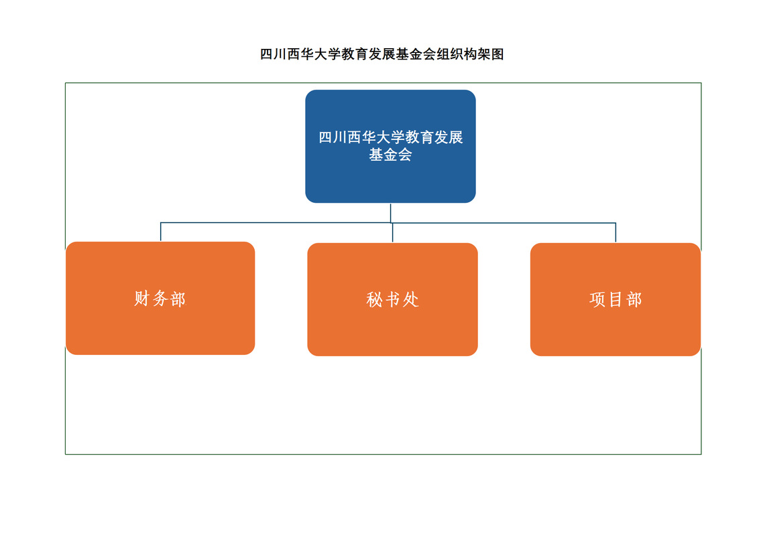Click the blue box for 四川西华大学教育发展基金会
(390, 146)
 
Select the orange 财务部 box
(160, 298)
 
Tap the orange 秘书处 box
(392, 299)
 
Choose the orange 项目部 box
(615, 299)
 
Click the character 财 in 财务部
(141, 299)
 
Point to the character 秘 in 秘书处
(374, 300)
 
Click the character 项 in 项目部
(597, 300)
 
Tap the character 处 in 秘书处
(411, 300)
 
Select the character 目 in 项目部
(615, 300)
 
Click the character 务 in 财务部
(160, 299)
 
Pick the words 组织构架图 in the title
(470, 54)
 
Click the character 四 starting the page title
(266, 54)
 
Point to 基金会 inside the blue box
(390, 155)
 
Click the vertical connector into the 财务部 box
(161, 232)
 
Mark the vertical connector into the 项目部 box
(615, 233)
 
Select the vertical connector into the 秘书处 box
(393, 233)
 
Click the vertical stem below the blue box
(390, 213)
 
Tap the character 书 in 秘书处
(392, 300)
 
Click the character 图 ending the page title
(497, 54)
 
